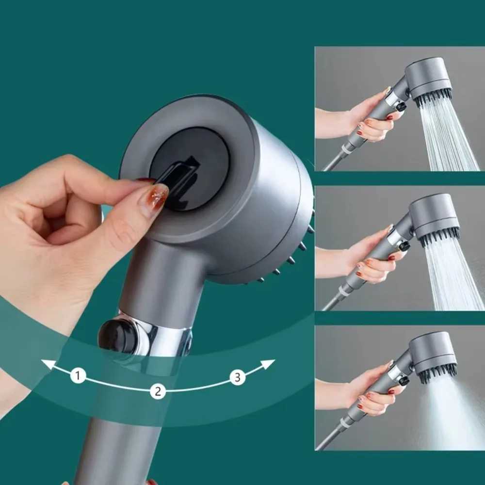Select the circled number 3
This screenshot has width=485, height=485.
click(237, 377)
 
